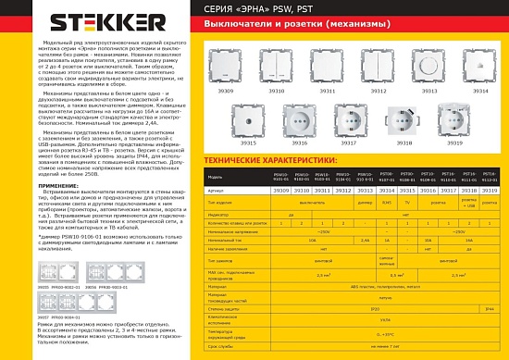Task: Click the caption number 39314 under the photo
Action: [x=480, y=93]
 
